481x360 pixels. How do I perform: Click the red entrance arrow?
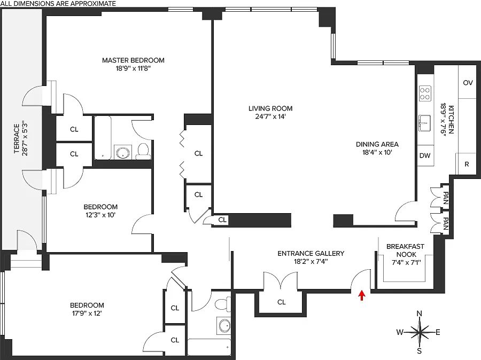tap(362, 295)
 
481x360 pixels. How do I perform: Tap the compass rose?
tap(419, 332)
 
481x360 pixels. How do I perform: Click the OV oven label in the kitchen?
tap(468, 83)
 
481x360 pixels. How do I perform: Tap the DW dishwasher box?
tap(425, 155)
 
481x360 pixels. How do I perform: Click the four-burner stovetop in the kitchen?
tap(425, 93)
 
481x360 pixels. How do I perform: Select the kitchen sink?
tap(425, 123)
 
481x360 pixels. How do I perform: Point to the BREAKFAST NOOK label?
tap(406, 251)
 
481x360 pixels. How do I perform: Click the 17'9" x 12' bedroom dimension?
tap(87, 314)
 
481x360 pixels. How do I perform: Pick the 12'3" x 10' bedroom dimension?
tap(100, 215)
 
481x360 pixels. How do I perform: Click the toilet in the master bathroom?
tap(143, 152)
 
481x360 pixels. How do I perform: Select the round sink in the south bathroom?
tap(224, 325)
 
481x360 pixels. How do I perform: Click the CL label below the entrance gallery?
tap(282, 302)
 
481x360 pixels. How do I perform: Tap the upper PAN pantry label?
tap(446, 198)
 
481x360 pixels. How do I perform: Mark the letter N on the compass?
tap(419, 314)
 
